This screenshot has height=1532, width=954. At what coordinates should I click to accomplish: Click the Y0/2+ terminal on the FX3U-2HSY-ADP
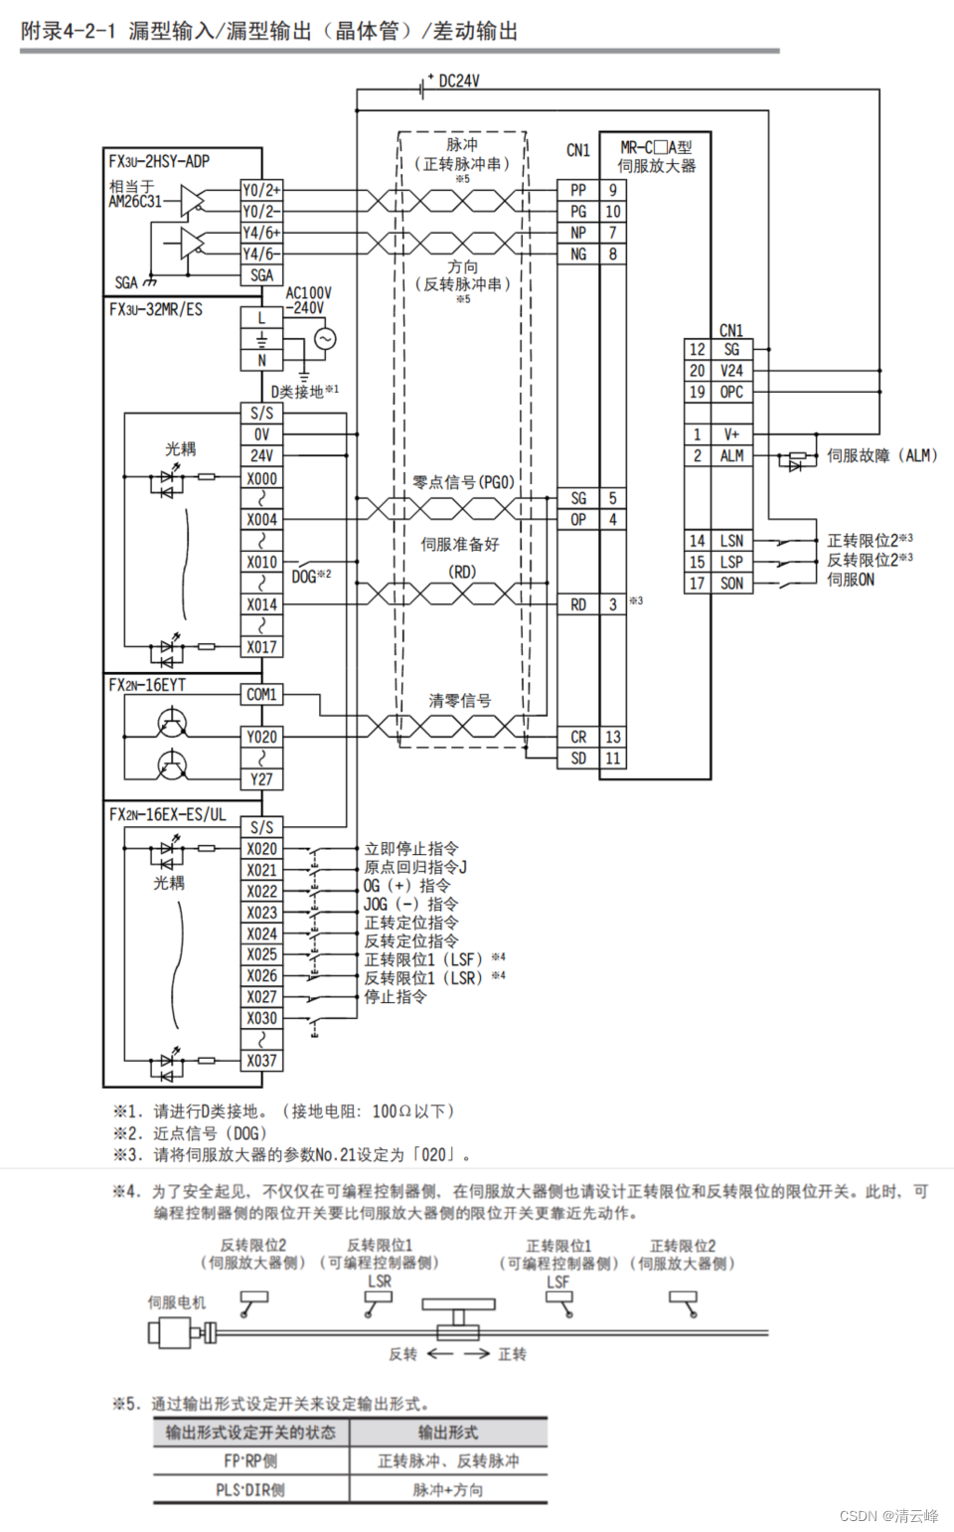(261, 190)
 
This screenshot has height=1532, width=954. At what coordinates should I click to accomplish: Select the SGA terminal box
(261, 275)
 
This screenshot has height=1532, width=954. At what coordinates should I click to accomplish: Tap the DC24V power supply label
(458, 81)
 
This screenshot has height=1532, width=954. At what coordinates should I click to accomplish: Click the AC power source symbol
(325, 339)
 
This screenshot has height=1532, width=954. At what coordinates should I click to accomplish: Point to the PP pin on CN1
(578, 190)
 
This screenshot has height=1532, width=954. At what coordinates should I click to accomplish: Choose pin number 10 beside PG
(613, 212)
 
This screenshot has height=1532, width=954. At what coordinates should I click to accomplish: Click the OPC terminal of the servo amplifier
(731, 392)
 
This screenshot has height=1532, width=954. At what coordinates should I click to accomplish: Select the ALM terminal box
(731, 455)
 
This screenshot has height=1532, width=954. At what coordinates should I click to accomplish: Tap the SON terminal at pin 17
(731, 584)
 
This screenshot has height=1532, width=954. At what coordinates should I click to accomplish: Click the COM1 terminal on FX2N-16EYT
(261, 694)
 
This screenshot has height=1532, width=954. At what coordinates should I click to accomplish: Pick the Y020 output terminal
(261, 737)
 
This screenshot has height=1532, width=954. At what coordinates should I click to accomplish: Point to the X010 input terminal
(261, 562)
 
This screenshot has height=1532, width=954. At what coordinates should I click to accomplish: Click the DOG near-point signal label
(304, 577)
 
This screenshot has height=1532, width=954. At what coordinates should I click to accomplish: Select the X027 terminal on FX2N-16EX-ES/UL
(261, 997)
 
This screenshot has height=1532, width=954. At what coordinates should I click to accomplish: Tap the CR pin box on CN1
(578, 737)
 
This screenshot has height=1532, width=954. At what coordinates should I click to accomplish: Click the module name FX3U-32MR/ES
(156, 309)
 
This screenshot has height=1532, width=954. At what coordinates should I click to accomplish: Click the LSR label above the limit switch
(380, 1281)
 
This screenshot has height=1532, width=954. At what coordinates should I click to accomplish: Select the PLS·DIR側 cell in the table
(250, 1489)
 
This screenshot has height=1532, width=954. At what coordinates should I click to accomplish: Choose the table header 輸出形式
(447, 1433)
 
